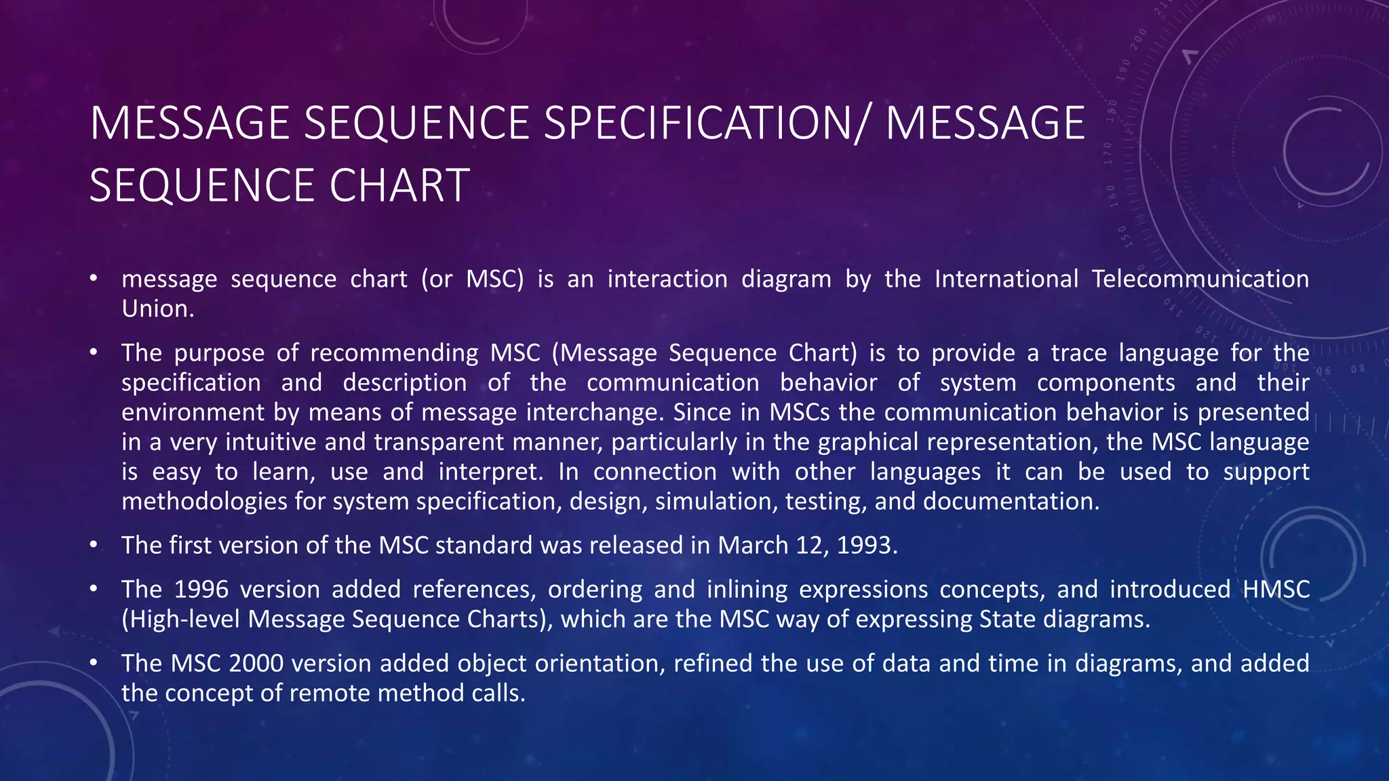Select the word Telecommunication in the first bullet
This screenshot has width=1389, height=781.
click(1200, 279)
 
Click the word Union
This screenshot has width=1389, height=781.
click(157, 309)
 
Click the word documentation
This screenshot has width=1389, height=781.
click(1011, 502)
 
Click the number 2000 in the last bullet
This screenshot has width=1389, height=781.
click(256, 664)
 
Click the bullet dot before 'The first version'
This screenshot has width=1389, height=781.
click(94, 546)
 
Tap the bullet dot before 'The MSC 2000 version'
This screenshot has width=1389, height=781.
click(94, 664)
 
